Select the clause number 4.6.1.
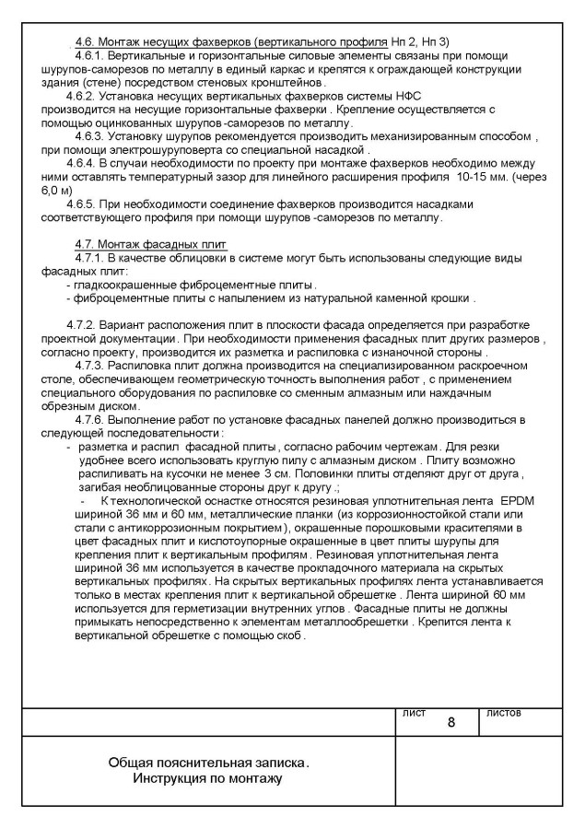[x=90, y=57]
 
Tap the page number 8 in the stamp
[x=451, y=721]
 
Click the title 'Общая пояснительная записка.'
[x=209, y=764]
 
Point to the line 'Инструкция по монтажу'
[x=207, y=779]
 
